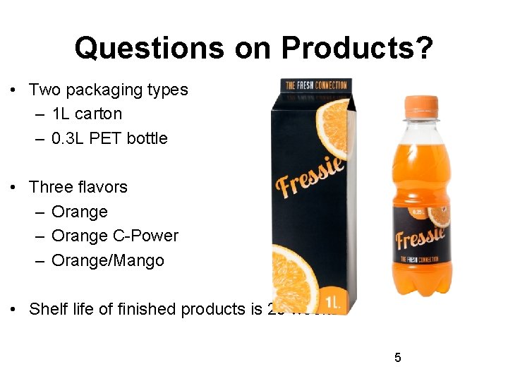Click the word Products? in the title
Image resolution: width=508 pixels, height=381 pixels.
357,48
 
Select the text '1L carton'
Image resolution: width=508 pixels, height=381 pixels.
87,114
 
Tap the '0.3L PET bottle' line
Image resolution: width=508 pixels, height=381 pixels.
109,138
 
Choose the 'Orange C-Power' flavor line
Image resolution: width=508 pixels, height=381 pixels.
115,236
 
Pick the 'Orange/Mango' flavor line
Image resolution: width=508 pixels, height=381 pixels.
108,260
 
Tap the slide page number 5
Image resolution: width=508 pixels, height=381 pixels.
397,358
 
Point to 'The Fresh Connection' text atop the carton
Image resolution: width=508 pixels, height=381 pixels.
316,85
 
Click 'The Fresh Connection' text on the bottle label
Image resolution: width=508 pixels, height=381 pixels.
421,259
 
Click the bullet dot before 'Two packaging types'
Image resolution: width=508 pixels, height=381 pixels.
13,90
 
